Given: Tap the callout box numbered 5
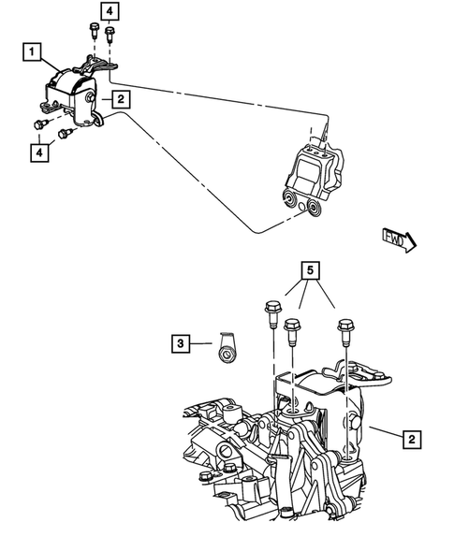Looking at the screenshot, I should pyautogui.click(x=309, y=272).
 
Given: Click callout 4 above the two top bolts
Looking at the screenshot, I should pyautogui.click(x=110, y=11).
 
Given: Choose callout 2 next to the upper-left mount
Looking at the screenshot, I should pyautogui.click(x=122, y=97).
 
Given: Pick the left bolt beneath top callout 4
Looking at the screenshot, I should pyautogui.click(x=95, y=30).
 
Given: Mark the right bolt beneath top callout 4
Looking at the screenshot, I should pyautogui.click(x=110, y=36).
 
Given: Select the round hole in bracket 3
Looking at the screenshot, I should pyautogui.click(x=226, y=354).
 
